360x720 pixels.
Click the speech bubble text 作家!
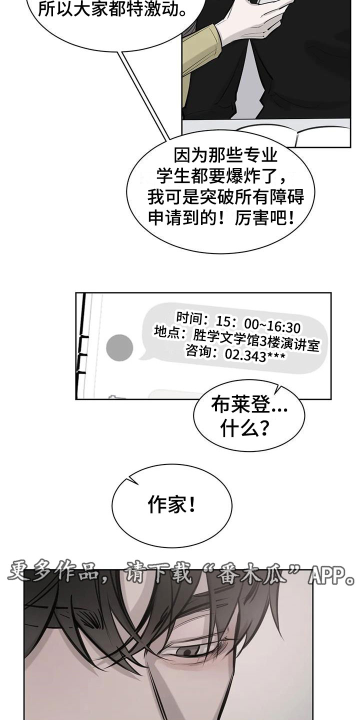171,504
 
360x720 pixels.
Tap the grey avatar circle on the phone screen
119,348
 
